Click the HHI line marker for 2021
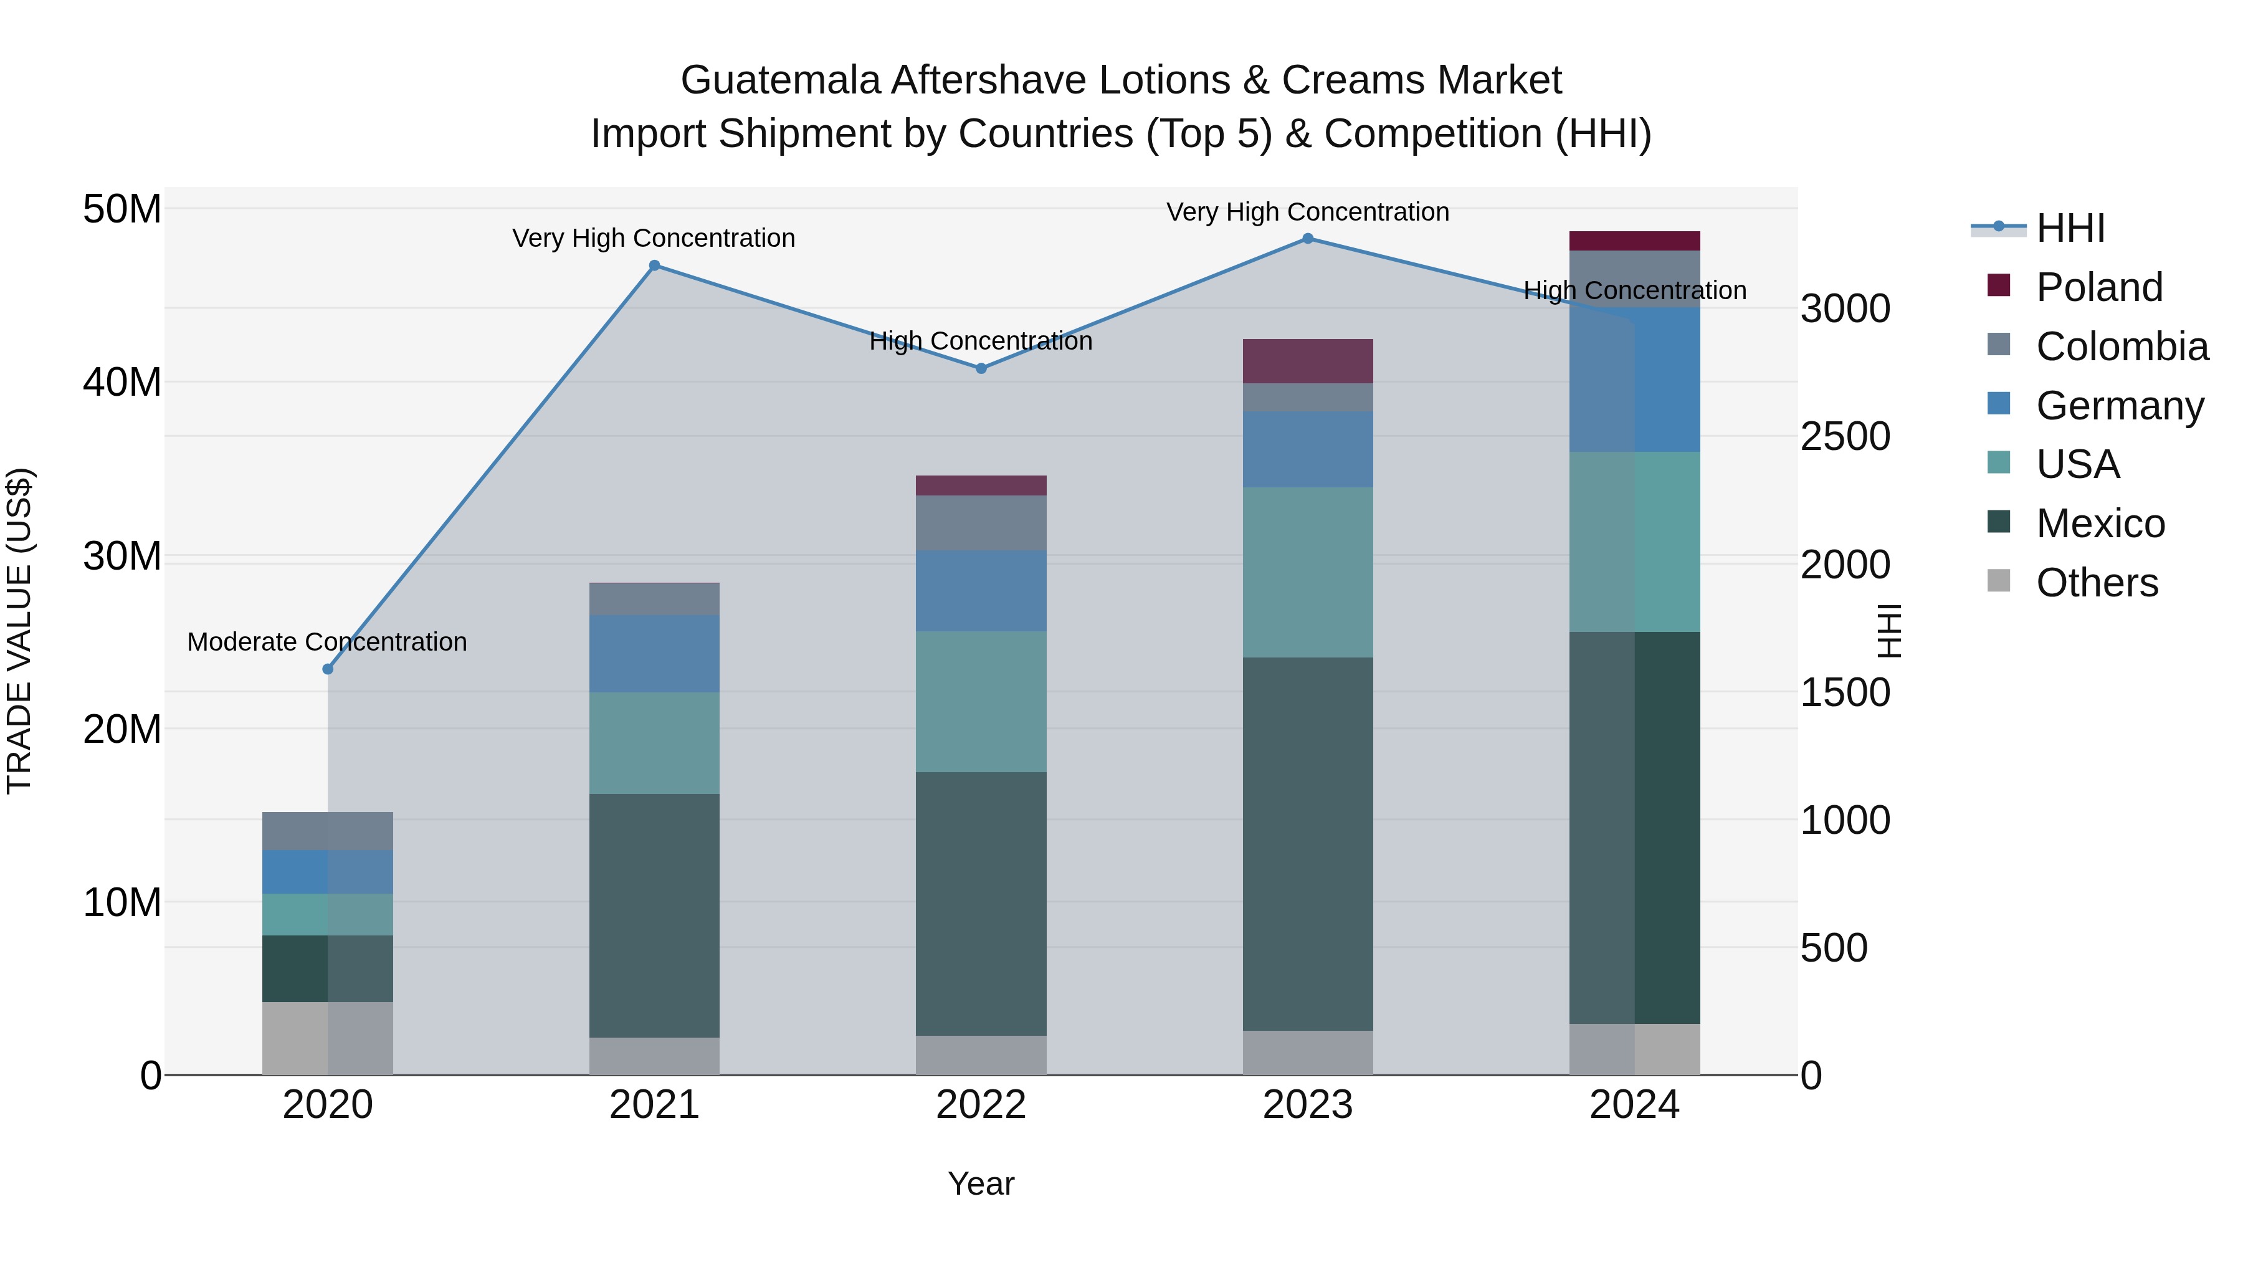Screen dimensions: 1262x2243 point(655,265)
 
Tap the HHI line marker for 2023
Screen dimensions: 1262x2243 point(1308,239)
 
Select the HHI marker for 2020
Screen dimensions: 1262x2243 point(328,669)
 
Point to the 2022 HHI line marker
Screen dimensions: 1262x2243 point(981,368)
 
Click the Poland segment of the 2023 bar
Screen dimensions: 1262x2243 point(1308,361)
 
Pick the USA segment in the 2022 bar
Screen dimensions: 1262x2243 point(981,701)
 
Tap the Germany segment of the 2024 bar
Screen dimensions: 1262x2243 point(1634,380)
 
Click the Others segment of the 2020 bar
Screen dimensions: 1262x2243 point(328,1038)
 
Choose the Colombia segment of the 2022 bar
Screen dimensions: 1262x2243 point(981,523)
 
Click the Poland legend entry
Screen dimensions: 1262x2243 point(2098,287)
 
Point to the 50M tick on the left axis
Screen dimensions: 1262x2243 point(122,209)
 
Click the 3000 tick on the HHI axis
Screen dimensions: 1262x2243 point(1845,308)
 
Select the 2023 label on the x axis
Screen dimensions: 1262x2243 point(1308,1105)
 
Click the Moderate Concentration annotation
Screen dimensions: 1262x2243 point(327,642)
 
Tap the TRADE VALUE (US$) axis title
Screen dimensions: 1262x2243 point(19,631)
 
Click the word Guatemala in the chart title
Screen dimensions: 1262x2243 point(780,80)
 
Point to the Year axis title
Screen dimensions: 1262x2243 point(981,1183)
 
